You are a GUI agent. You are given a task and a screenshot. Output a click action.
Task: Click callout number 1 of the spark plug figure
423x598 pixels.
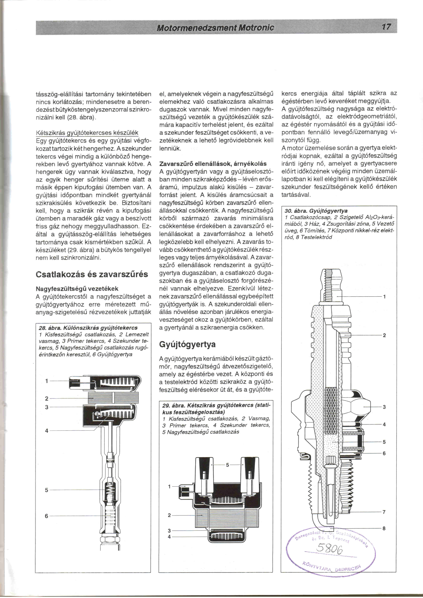(x=384, y=297)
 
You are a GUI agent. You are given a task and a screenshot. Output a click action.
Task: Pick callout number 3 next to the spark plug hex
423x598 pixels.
(x=384, y=407)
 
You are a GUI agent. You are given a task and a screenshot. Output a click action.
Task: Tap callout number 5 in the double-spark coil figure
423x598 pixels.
(x=227, y=465)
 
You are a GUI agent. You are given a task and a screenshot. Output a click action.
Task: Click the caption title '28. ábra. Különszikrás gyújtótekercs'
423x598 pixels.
(x=88, y=328)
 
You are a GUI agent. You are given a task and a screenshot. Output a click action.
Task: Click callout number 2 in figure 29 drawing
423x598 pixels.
(x=169, y=515)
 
